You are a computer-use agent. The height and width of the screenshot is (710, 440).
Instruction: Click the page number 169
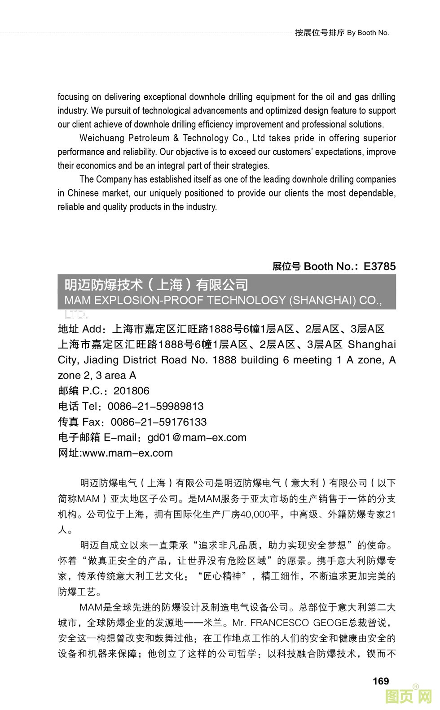[380, 681]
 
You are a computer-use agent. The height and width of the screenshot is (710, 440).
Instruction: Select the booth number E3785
[379, 266]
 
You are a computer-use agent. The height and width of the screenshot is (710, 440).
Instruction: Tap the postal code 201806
[131, 391]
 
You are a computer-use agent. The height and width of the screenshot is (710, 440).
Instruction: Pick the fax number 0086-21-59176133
[158, 422]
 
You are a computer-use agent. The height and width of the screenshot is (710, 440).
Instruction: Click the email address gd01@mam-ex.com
[197, 437]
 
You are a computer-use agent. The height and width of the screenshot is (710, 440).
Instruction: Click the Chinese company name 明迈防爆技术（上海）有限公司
[156, 285]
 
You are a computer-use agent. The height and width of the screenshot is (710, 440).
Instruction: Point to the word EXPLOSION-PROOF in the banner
[153, 300]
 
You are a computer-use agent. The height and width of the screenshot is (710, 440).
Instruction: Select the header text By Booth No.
[368, 33]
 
